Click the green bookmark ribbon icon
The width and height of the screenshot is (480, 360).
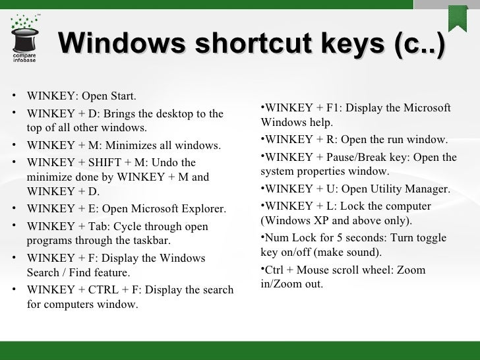458,16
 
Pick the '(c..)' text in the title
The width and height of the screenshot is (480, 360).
418,44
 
